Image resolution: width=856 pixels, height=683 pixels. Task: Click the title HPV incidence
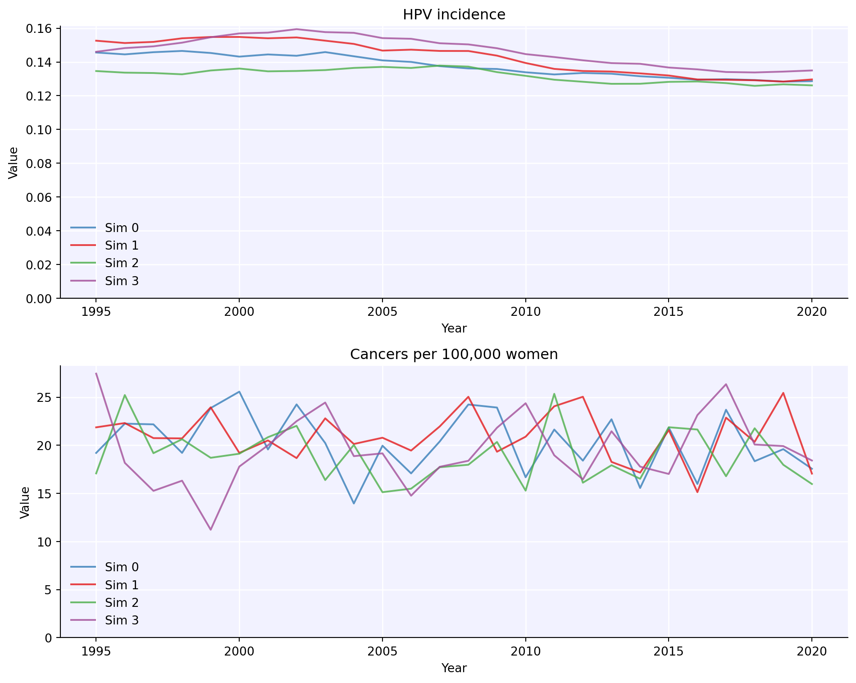coord(454,15)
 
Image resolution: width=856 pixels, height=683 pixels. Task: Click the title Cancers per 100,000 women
coord(454,355)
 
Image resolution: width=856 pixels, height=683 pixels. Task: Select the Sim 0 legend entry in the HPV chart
coord(122,228)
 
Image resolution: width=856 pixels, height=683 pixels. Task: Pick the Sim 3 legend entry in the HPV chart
coord(122,281)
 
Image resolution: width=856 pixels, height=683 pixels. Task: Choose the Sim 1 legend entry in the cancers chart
coord(122,585)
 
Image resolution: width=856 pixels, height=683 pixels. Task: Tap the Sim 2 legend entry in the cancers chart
coord(122,602)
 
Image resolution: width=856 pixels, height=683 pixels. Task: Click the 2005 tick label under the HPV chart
coord(382,312)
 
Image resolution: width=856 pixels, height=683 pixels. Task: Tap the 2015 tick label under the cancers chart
coord(669,651)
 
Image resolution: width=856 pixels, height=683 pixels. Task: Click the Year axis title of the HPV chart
coord(454,328)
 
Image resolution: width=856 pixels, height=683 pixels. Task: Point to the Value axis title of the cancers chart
coord(25,502)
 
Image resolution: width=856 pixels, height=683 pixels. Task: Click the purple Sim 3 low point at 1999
coord(210,529)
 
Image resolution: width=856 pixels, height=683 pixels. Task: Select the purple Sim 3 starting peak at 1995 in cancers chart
coord(96,373)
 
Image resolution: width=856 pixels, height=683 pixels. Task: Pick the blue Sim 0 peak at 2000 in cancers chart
coord(239,392)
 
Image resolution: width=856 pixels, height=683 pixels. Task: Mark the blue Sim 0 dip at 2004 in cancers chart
coord(354,503)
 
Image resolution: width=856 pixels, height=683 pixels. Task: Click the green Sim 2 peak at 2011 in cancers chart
coord(554,394)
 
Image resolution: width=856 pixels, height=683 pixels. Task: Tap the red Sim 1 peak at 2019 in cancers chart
coord(783,393)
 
